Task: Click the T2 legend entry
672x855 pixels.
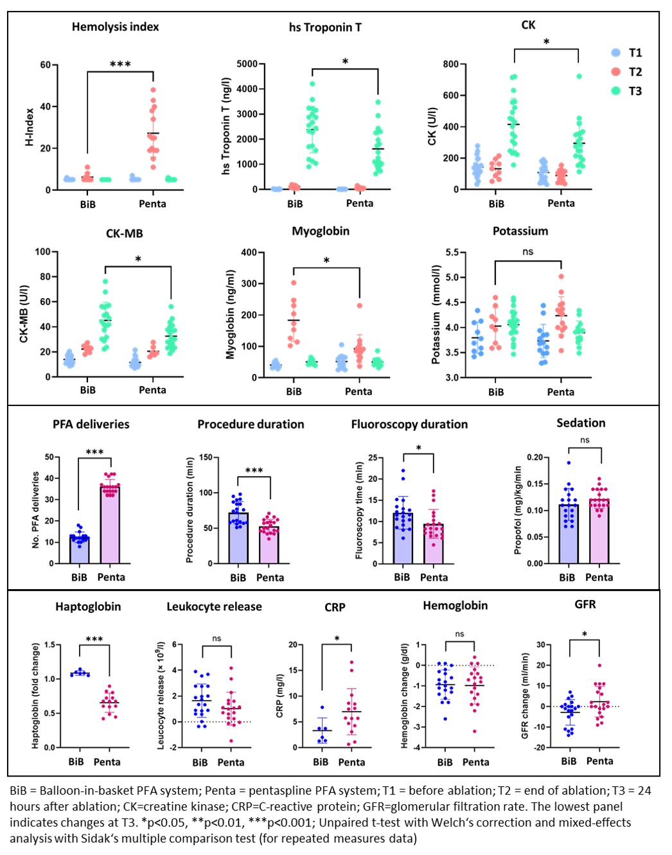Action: coord(626,72)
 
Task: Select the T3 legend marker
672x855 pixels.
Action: coord(616,91)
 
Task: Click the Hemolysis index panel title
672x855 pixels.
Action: coord(115,27)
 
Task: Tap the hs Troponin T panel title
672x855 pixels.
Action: coord(325,28)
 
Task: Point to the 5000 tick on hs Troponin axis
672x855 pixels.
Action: coord(247,64)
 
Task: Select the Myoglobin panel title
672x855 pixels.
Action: coord(321,231)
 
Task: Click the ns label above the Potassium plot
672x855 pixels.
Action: coord(527,252)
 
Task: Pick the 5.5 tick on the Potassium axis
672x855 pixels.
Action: coord(452,252)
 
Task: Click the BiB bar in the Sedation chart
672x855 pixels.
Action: coord(568,534)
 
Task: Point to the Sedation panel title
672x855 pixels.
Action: coord(581,423)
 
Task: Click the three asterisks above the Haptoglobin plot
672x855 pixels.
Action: coord(94,639)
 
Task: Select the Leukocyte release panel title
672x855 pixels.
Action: coord(214,606)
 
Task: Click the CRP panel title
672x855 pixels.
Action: coord(335,607)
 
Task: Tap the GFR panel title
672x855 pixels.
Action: coord(585,604)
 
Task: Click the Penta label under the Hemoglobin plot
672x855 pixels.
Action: coord(476,762)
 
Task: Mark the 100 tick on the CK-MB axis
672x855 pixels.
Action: coord(42,252)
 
